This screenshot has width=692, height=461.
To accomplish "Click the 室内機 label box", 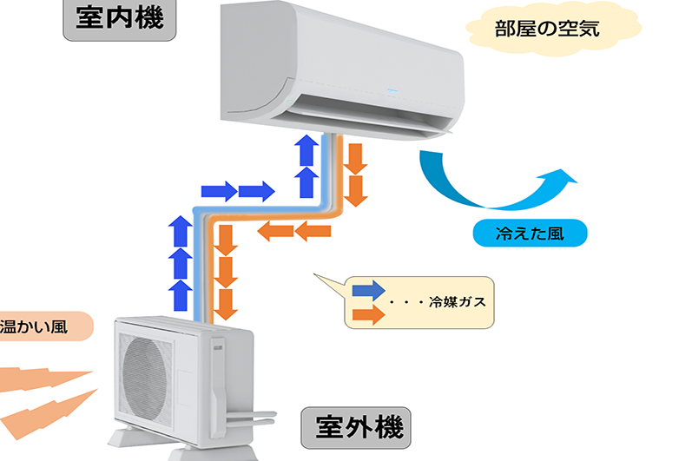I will point(120,19).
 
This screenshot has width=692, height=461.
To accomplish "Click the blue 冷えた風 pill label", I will point(530,233).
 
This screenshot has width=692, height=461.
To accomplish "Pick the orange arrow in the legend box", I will point(369,314).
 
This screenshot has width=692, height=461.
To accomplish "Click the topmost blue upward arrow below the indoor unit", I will point(305,149).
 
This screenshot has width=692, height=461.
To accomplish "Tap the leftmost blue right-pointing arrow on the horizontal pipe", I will point(217,190).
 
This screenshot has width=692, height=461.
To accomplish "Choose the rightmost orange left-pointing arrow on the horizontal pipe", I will point(313,230).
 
